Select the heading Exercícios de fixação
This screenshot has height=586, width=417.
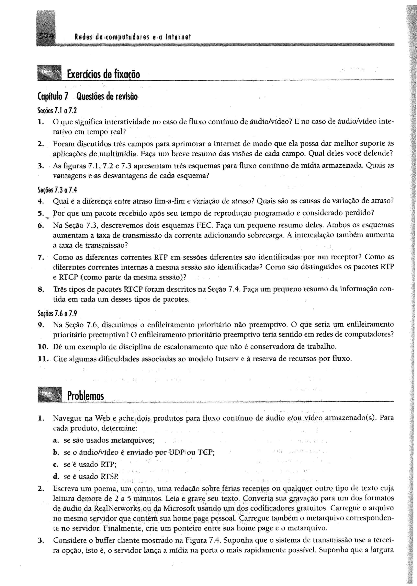103,74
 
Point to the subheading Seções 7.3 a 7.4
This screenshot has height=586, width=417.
57,190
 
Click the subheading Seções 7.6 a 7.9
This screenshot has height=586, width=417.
57,314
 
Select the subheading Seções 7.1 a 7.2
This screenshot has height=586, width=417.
57,110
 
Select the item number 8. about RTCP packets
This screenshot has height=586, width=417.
41,289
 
